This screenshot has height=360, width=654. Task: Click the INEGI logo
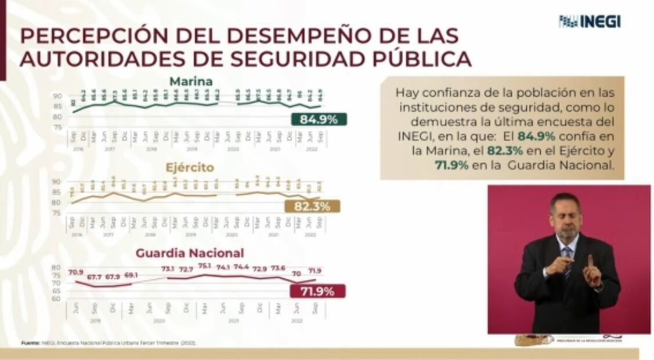coord(590,21)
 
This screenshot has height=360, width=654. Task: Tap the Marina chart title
coord(191,81)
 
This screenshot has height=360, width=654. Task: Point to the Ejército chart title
coord(190,168)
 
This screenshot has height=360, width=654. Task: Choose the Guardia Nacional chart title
coord(190,253)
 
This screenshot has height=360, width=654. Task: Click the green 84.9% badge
coord(319,120)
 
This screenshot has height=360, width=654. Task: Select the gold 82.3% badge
coord(313,206)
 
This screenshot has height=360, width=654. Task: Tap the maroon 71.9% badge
coord(317,291)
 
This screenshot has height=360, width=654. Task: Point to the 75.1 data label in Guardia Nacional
coord(204,266)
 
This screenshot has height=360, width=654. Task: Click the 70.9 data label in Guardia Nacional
coord(76,272)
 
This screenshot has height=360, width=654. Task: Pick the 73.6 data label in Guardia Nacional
coord(279,268)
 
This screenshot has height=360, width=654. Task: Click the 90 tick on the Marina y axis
coord(57,96)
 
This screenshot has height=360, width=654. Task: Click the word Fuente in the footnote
coord(30,343)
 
